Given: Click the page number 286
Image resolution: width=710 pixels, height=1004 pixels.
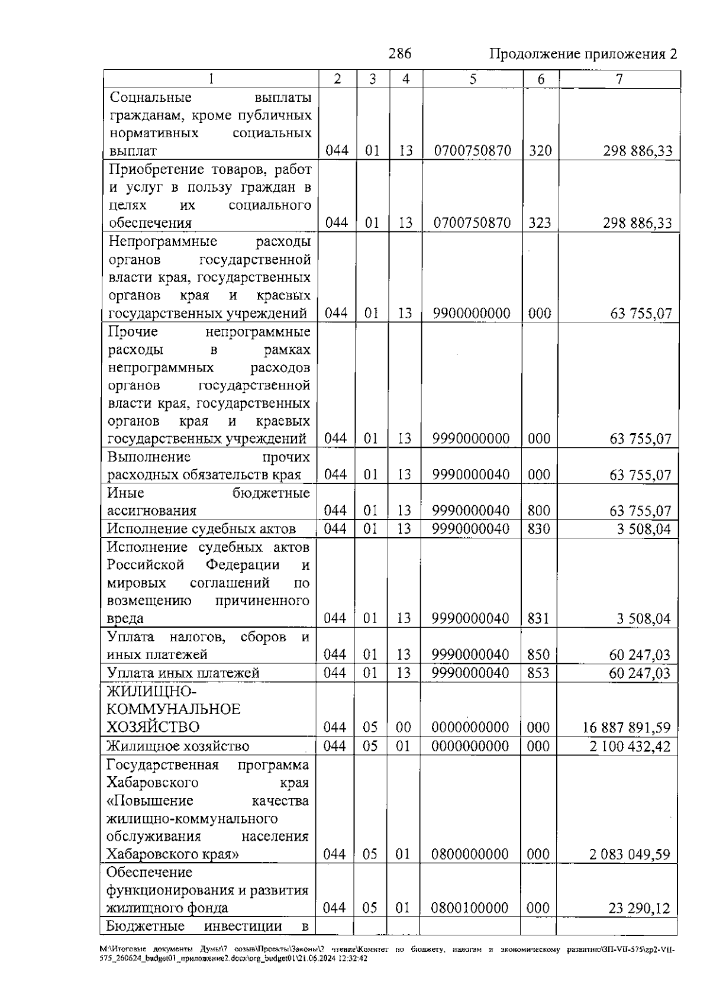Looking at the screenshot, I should [399, 54].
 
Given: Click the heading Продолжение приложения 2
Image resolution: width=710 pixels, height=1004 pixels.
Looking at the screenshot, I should [583, 54].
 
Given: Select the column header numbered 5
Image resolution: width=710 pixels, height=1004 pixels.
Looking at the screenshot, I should [473, 79].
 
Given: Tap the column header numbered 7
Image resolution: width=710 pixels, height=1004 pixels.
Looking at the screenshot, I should [619, 79].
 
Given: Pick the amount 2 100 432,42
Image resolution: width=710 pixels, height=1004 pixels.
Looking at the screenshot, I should [630, 746].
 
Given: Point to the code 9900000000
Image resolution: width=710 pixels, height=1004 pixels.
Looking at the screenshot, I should [472, 313].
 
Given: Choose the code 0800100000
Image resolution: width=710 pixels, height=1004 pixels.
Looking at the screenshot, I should [470, 908].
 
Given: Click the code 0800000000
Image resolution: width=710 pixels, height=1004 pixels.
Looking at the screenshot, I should [470, 854].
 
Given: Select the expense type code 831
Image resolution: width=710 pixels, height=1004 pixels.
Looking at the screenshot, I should [538, 619].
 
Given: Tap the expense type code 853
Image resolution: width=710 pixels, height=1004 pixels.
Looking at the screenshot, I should [538, 673].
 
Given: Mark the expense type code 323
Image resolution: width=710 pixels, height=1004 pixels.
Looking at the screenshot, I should [540, 223].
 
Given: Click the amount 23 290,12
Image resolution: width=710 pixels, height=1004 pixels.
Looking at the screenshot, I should [639, 908].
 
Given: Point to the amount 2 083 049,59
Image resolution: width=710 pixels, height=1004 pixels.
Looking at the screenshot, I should [630, 854].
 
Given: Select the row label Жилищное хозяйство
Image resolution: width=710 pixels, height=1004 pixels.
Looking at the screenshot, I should [178, 746].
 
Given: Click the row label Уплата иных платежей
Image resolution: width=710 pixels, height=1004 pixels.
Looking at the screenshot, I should [183, 673].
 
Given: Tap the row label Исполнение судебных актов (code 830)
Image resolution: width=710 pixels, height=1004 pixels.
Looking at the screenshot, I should [201, 529].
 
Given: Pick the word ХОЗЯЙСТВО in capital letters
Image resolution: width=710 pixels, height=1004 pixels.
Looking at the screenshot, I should [153, 727].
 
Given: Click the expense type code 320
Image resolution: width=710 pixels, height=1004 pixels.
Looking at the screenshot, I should [540, 151].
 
